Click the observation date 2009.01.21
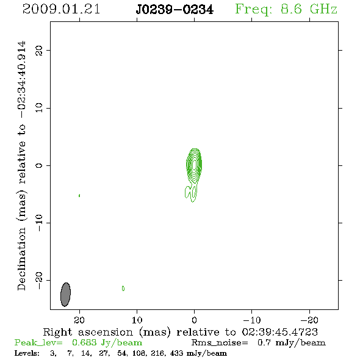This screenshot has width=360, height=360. coord(61,9)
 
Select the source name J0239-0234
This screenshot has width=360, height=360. coord(175,10)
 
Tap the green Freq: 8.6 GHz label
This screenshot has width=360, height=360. coord(286,9)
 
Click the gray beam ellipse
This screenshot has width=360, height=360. coord(65,294)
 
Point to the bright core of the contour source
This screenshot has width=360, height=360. coord(195,165)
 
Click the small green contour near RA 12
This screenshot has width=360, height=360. coord(123,289)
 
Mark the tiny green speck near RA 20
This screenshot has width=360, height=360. coord(79,196)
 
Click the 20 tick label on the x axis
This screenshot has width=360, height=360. coord(79,320)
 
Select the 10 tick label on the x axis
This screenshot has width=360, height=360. coord(137,320)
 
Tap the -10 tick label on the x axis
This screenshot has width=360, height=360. coord(252,320)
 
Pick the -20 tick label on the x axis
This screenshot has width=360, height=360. coord(309,320)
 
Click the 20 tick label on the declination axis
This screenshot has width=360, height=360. coord(39,51)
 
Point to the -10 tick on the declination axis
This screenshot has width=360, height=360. coord(39,223)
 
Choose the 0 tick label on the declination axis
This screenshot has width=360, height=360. coord(39,165)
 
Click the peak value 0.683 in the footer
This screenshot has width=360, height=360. coord(84,342)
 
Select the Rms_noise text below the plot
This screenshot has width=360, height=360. coord(220,343)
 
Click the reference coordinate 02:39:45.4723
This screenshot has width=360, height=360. coord(280,332)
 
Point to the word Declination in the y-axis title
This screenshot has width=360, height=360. coord(21,259)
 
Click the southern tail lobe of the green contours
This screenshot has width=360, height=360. coord(191,192)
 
